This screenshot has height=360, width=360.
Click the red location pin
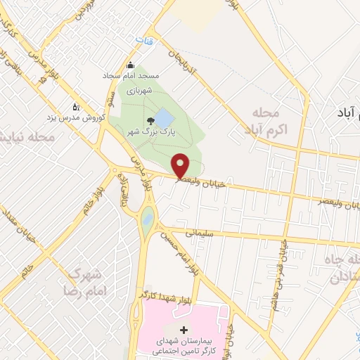point(181,165)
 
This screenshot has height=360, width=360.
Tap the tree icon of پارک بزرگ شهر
point(149,121)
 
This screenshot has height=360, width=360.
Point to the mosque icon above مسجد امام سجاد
point(129,66)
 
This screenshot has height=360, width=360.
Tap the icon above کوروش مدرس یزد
point(76,107)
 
